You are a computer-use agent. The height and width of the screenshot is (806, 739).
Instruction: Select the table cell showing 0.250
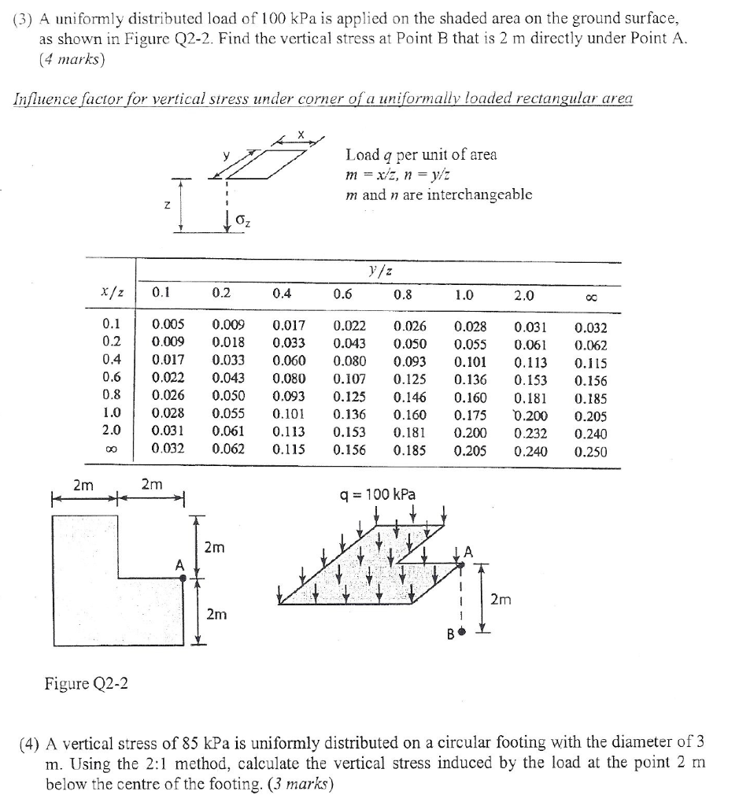click(x=591, y=452)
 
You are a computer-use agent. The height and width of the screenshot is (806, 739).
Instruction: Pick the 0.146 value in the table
click(x=409, y=397)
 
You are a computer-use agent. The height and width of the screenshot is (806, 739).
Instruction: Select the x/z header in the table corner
click(x=111, y=293)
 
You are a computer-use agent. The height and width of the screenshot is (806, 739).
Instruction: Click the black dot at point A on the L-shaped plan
click(x=183, y=579)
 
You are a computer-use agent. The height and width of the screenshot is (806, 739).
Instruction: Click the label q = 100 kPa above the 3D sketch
click(x=377, y=495)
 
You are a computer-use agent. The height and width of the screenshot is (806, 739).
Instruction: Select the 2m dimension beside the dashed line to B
click(x=502, y=601)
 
